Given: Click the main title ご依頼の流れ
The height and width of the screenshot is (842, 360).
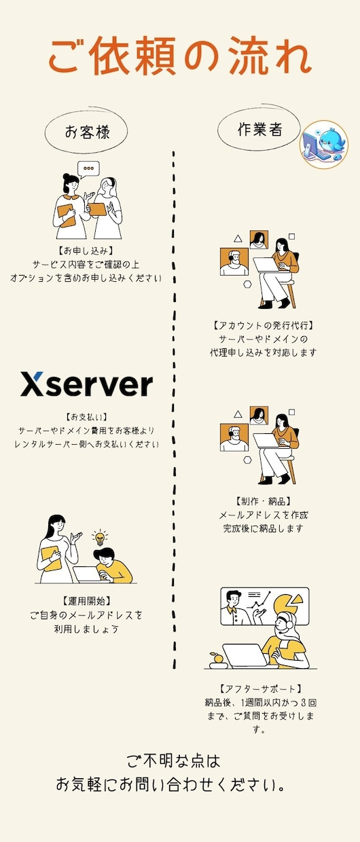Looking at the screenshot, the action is click(x=180, y=56).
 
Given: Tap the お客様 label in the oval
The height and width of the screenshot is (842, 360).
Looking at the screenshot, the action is click(x=87, y=132).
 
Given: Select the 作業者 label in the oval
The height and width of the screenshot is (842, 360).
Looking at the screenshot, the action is click(x=259, y=129).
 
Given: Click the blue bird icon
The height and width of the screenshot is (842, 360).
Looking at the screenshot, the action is click(x=324, y=145).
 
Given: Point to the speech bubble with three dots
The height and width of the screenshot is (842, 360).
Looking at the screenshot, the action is click(x=88, y=169).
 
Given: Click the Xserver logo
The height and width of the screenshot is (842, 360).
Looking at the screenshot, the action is click(x=86, y=384).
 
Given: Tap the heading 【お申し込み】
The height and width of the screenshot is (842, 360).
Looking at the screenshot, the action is click(x=86, y=251).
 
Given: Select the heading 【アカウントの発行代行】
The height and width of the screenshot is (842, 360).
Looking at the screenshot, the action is click(x=263, y=325).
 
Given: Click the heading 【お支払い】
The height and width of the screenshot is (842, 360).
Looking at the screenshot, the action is click(x=86, y=416).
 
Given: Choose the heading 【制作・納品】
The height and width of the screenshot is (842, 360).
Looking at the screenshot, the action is click(x=263, y=501).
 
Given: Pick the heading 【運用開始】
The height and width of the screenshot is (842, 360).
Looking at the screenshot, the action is click(x=87, y=601).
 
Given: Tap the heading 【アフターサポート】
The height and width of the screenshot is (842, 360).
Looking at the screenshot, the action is click(x=260, y=689).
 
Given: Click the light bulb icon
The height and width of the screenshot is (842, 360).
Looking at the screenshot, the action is click(x=100, y=538).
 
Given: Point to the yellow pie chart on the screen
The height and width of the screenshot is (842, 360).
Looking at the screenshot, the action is click(x=289, y=603).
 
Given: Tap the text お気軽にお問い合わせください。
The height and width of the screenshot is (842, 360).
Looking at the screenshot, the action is click(x=170, y=784).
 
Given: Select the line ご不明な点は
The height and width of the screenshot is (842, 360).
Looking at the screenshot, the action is click(x=173, y=761).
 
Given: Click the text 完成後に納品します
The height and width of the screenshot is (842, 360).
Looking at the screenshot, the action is click(x=263, y=528).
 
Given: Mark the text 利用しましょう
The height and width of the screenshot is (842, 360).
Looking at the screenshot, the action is click(x=86, y=629).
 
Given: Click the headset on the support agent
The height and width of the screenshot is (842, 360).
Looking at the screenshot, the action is click(x=285, y=624).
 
